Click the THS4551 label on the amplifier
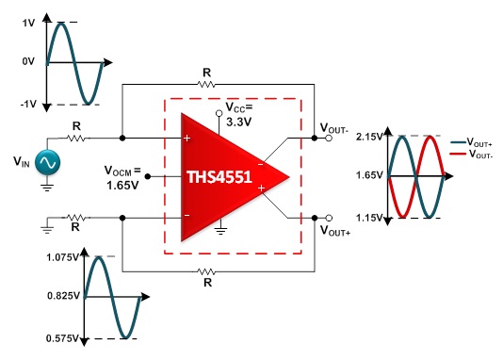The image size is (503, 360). (x=219, y=177)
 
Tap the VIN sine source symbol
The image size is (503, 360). (x=47, y=163)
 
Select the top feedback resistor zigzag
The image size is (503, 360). (x=206, y=85)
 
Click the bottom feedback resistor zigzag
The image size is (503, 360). (x=206, y=271)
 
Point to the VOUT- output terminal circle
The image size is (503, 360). (x=329, y=138)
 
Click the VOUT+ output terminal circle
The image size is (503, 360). (x=329, y=218)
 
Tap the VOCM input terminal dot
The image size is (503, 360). (x=148, y=176)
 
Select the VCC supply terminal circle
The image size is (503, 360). (x=219, y=113)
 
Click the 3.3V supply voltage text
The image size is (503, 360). (x=239, y=122)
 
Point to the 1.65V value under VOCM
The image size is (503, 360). (x=122, y=185)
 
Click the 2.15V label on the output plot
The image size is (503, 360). (x=369, y=137)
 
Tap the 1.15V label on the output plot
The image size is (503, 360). (x=369, y=218)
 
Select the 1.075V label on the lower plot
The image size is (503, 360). (x=62, y=257)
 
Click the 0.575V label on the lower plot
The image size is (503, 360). (x=62, y=338)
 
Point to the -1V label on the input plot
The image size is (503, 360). (x=28, y=105)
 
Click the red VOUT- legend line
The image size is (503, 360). (x=458, y=155)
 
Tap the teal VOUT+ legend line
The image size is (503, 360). (x=458, y=142)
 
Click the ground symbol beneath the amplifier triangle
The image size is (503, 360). (x=220, y=231)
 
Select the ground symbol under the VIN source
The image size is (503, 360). (x=47, y=188)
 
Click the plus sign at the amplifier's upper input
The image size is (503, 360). (x=187, y=139)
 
